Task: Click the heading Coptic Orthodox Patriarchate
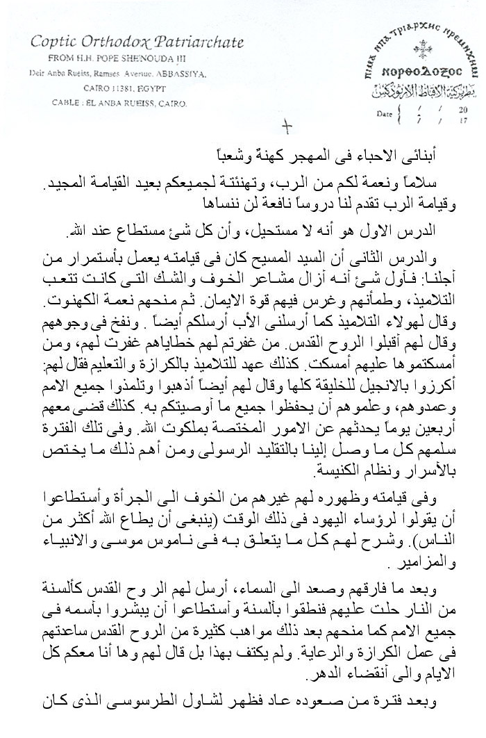point(137,43)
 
